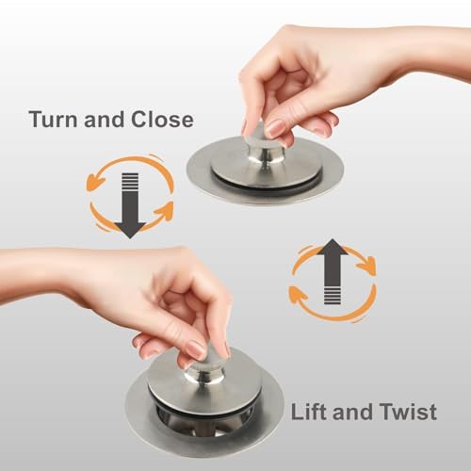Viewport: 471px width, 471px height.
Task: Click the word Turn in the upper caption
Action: point(53,120)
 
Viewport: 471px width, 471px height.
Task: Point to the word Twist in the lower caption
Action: point(408,412)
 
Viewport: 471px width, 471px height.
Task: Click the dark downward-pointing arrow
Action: point(130,205)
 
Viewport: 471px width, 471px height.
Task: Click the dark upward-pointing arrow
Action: point(333,271)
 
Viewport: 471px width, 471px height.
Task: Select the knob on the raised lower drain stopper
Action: point(204,365)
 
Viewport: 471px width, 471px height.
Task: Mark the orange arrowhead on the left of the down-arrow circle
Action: point(93,183)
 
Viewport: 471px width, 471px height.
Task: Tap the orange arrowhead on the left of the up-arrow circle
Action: point(297,295)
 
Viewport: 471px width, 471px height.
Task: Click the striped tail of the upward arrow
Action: point(333,294)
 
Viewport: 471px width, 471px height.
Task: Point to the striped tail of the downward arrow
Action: point(130,182)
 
